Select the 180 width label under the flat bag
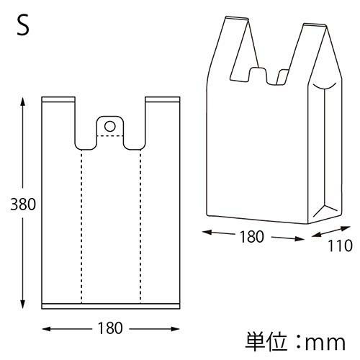click(110, 328)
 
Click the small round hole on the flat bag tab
click(109, 126)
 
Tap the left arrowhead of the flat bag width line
click(47, 328)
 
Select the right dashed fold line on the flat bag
click(140, 223)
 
